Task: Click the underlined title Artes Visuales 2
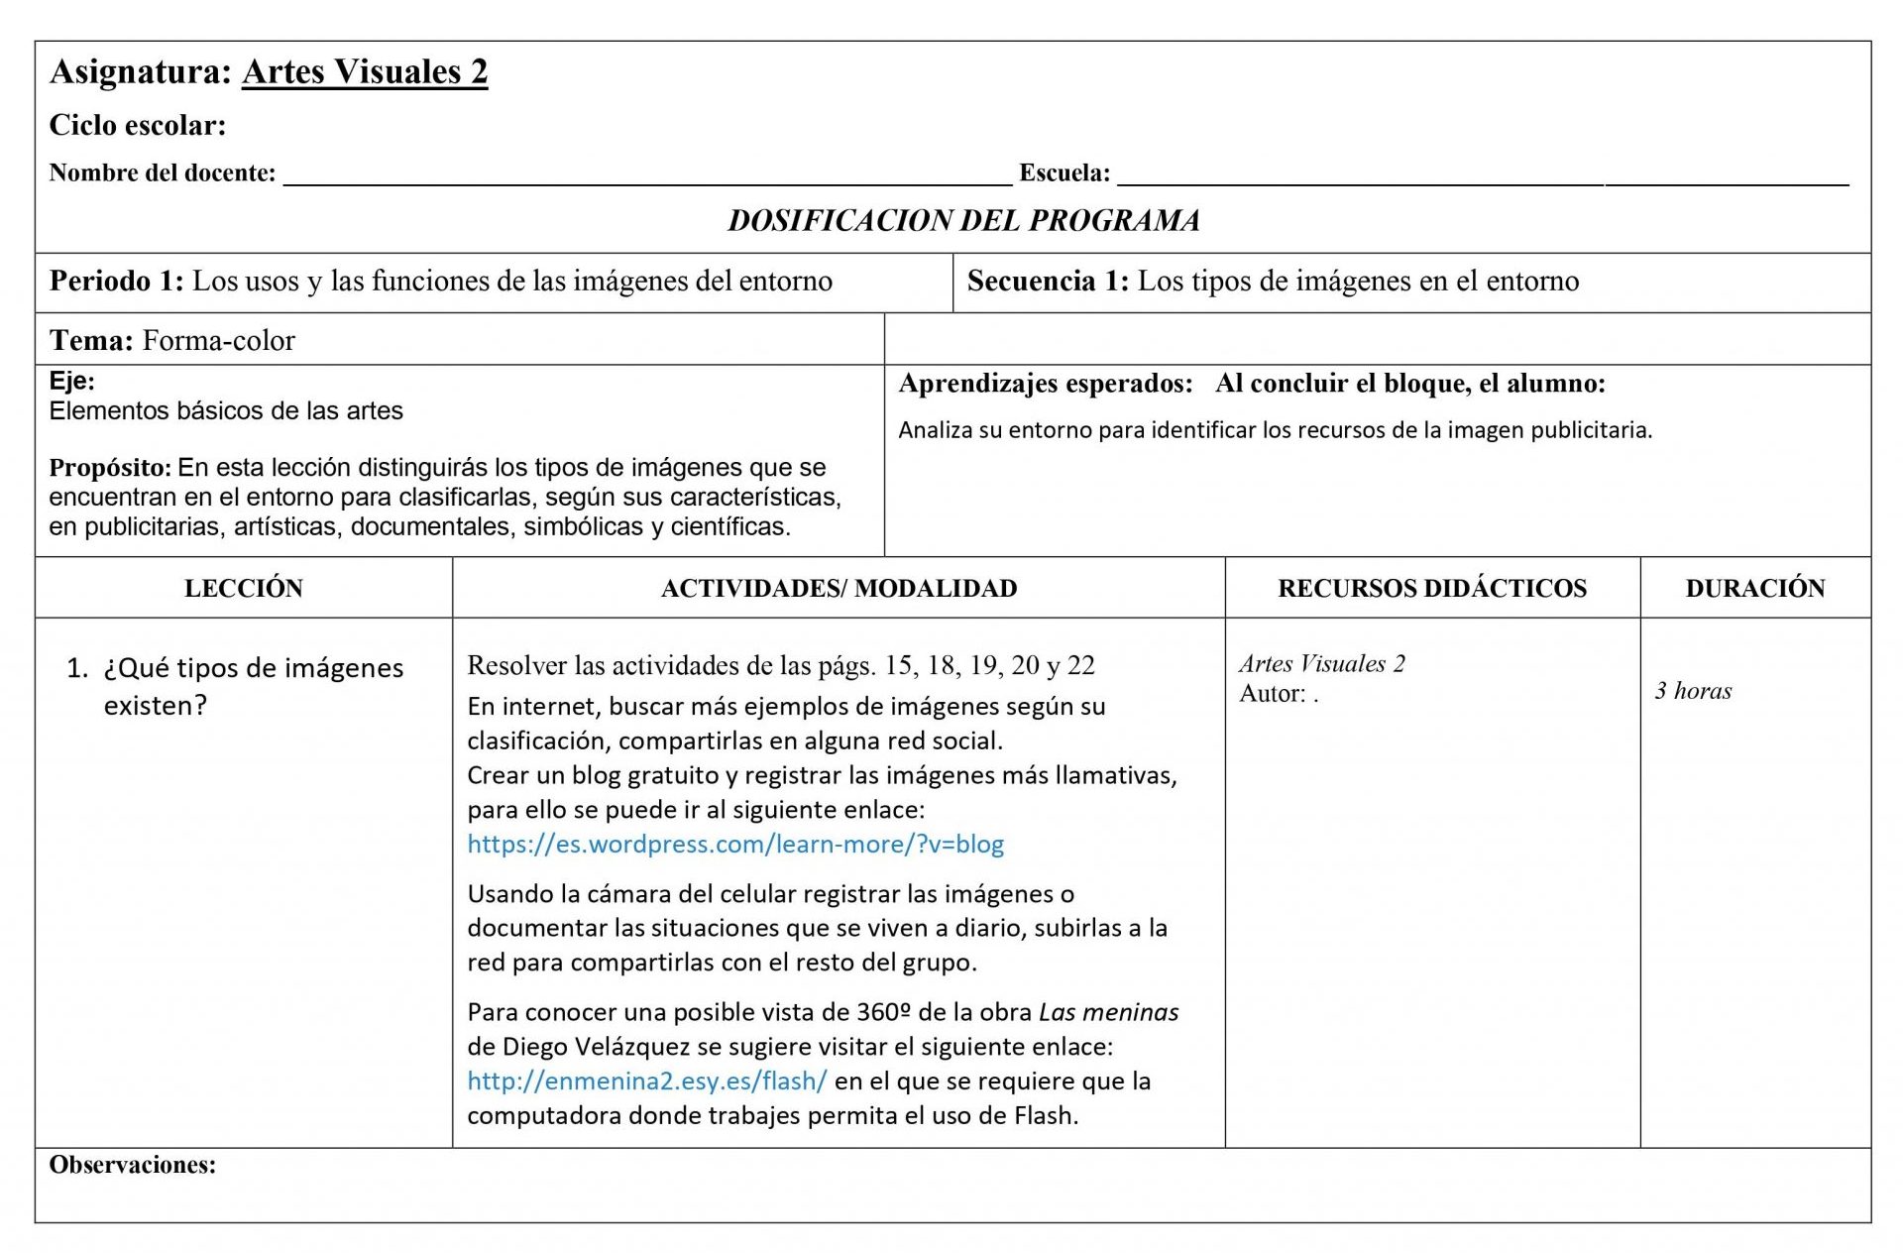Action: pyautogui.click(x=365, y=72)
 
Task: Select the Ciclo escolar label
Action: pyautogui.click(x=138, y=126)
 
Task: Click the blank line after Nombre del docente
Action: pyautogui.click(x=647, y=176)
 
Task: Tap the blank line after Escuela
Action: pyautogui.click(x=1482, y=176)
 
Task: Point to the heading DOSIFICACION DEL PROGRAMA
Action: pyautogui.click(x=963, y=220)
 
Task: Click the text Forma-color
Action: pyautogui.click(x=218, y=341)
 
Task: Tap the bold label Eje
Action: pyautogui.click(x=71, y=382)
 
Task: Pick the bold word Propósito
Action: pyautogui.click(x=110, y=468)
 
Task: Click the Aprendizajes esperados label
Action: pyautogui.click(x=1046, y=385)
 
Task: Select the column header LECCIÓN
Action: pyautogui.click(x=244, y=589)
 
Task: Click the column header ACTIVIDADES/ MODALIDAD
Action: pyautogui.click(x=839, y=589)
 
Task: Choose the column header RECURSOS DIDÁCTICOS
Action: pyautogui.click(x=1432, y=589)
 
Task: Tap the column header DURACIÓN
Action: pyautogui.click(x=1755, y=589)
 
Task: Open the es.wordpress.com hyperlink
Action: pyautogui.click(x=735, y=845)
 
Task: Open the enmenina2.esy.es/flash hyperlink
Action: pyautogui.click(x=646, y=1082)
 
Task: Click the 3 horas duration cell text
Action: pyautogui.click(x=1693, y=692)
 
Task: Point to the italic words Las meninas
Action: pyautogui.click(x=1108, y=1013)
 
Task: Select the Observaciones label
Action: pyautogui.click(x=132, y=1166)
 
